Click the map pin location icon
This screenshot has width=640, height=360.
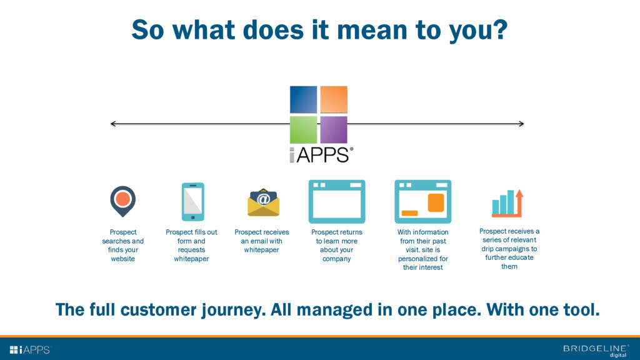[x=122, y=200]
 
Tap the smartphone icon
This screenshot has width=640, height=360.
[x=192, y=201]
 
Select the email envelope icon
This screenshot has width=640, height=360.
[x=263, y=202]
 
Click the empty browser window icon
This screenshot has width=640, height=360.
[x=336, y=201]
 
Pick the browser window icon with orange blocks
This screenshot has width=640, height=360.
[x=422, y=201]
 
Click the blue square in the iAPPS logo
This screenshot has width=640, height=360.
[x=303, y=99]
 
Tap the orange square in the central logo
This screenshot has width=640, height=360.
[x=334, y=99]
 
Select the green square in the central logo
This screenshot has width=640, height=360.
[x=303, y=129]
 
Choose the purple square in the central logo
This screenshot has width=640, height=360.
[x=334, y=129]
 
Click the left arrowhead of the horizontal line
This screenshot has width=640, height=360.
[x=113, y=124]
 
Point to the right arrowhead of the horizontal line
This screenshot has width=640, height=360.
[x=521, y=124]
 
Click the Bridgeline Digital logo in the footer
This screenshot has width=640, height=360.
[x=596, y=350]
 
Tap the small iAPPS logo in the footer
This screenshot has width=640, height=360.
[x=29, y=349]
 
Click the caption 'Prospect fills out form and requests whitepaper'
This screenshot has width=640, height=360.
[x=191, y=245]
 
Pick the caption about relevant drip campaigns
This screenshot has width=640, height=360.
[x=509, y=249]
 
